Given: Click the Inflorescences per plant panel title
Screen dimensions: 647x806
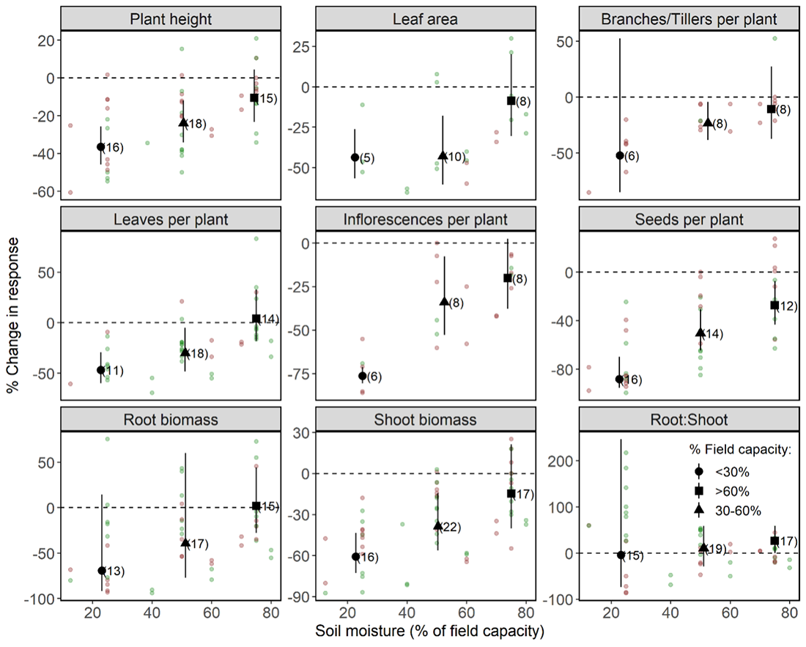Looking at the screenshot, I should pos(426,219).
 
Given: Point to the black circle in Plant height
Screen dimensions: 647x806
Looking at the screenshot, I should pos(101,147).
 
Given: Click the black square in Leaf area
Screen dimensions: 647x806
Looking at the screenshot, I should pos(511,100).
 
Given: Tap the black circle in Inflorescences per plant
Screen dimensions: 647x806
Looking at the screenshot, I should pos(362,376).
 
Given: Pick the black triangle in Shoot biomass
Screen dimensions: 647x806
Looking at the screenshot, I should pos(438,525).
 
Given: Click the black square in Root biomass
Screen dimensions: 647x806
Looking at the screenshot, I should pos(256,506).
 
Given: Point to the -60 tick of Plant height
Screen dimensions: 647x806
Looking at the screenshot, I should pos(42,192).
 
